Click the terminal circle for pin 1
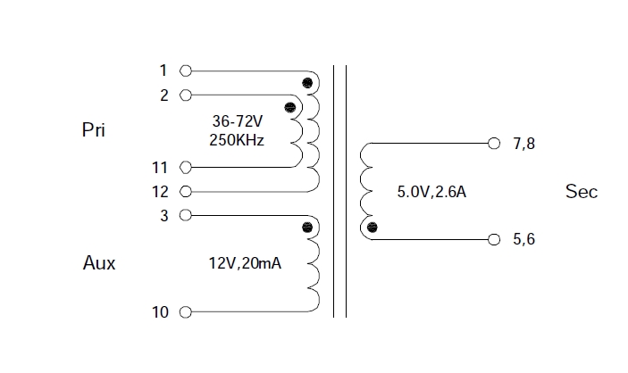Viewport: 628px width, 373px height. (x=186, y=70)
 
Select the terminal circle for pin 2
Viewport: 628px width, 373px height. (x=186, y=95)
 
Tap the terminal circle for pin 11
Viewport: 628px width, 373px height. (x=186, y=167)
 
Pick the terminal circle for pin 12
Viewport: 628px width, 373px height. (x=186, y=191)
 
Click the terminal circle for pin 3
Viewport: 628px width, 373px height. (x=186, y=215)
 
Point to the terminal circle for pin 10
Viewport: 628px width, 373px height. (x=186, y=312)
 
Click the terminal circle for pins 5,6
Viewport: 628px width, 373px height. (x=494, y=239)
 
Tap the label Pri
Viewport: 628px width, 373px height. (x=94, y=130)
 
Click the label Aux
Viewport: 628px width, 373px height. (x=99, y=264)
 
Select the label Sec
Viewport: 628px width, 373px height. (x=582, y=192)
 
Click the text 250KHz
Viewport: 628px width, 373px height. (x=238, y=141)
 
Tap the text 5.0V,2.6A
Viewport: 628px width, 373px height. (x=431, y=191)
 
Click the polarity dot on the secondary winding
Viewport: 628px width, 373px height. (x=373, y=228)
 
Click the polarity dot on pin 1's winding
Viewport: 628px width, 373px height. (x=307, y=84)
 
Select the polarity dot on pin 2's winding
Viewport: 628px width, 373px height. (x=289, y=108)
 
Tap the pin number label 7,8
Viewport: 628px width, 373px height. (x=524, y=143)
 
